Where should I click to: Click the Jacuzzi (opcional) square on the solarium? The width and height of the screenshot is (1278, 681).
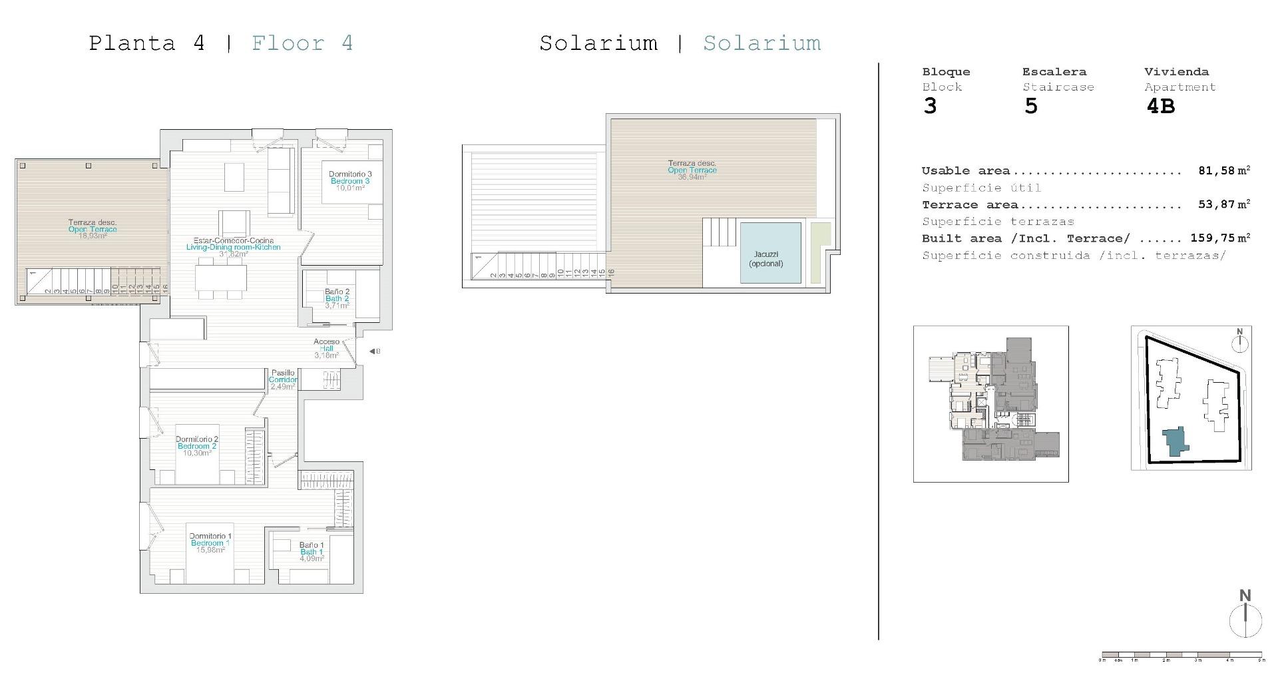point(770,253)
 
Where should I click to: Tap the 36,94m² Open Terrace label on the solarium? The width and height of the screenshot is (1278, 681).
point(692,170)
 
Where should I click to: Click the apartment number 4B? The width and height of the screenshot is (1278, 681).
point(1160,107)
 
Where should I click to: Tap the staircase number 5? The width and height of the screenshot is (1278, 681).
point(1030,107)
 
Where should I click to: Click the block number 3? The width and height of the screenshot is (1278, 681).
point(930,107)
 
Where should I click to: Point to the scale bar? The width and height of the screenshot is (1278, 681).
point(1181,655)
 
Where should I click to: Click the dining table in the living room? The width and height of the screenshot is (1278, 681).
point(221,278)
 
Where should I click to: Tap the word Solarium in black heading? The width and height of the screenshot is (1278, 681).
point(598,43)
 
